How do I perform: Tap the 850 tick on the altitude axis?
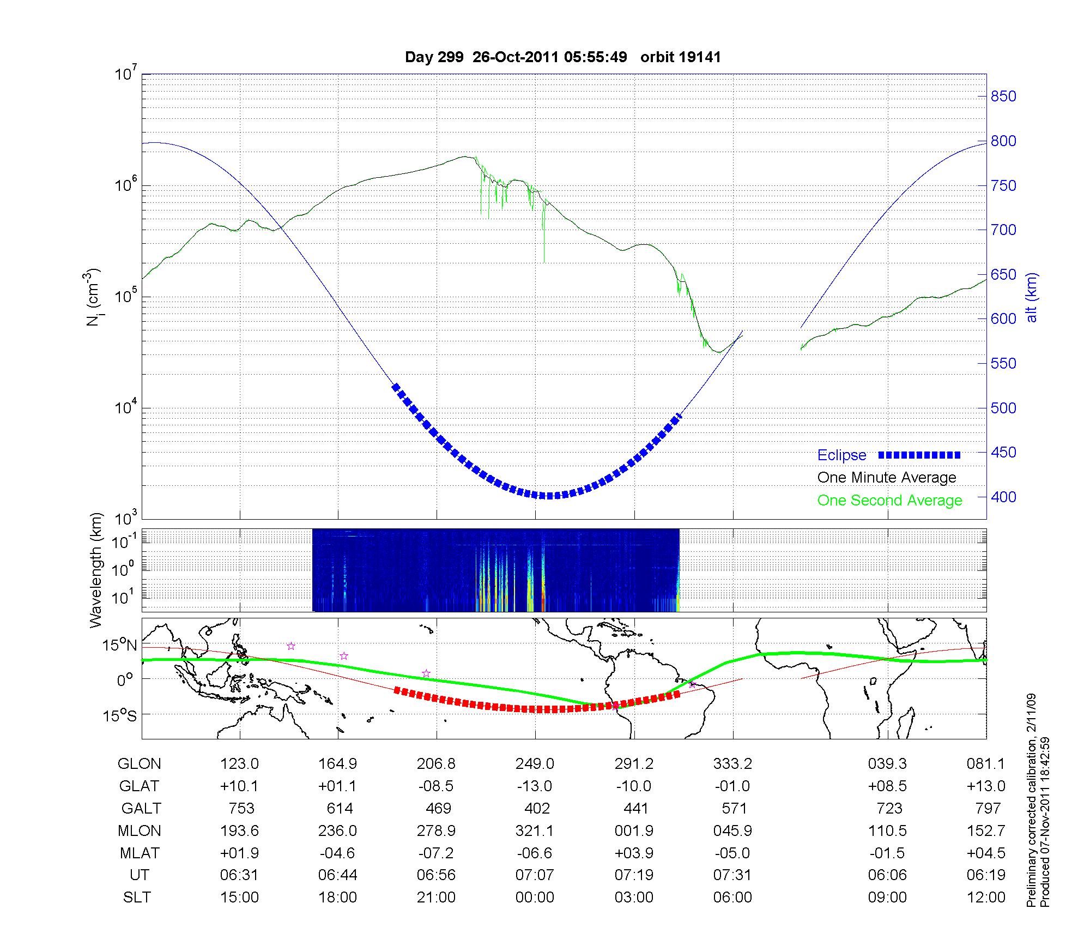pyautogui.click(x=1003, y=97)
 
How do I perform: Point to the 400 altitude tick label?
pyautogui.click(x=1003, y=497)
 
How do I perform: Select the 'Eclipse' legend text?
pyautogui.click(x=841, y=455)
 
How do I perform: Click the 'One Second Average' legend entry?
pyautogui.click(x=889, y=501)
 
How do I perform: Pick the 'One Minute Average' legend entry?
pyautogui.click(x=887, y=478)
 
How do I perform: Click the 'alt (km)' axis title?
pyautogui.click(x=1032, y=297)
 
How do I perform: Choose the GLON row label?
pyautogui.click(x=139, y=764)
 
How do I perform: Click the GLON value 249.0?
pyautogui.click(x=535, y=764)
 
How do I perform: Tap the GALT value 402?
pyautogui.click(x=536, y=808)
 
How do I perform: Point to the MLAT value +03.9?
pyautogui.click(x=634, y=853)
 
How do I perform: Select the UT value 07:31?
pyautogui.click(x=732, y=875)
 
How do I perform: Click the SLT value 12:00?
pyautogui.click(x=986, y=898)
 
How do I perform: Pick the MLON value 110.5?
pyautogui.click(x=887, y=830)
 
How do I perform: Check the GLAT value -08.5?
pyautogui.click(x=436, y=786)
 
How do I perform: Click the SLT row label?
pyautogui.click(x=137, y=898)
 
